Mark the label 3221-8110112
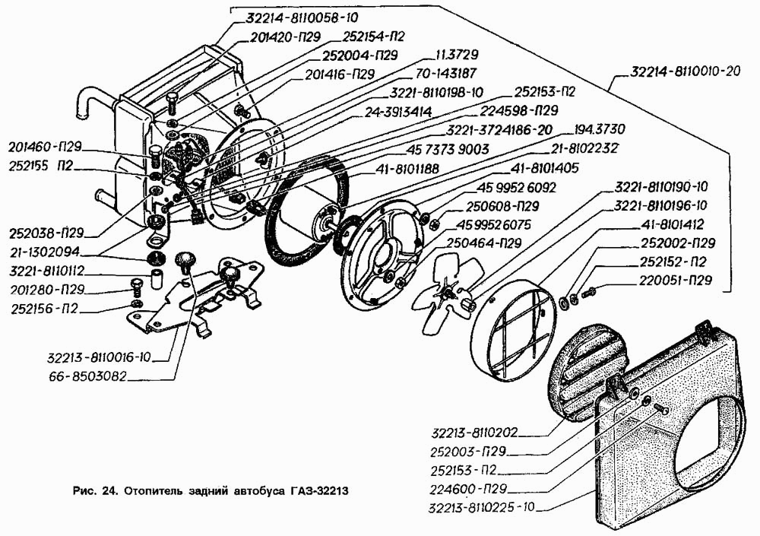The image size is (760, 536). (48, 271)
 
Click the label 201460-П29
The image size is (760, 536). (46, 147)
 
